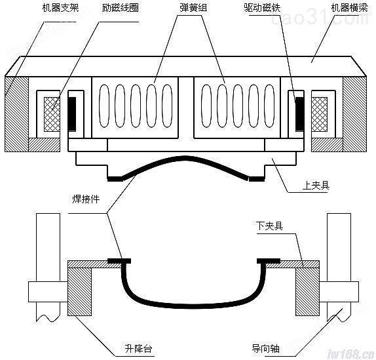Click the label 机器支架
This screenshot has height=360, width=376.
click(x=60, y=8)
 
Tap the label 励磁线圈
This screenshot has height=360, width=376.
click(x=120, y=8)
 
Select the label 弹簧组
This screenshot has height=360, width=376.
click(x=193, y=8)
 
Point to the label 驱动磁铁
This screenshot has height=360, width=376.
click(x=262, y=8)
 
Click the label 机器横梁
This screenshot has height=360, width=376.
click(x=349, y=8)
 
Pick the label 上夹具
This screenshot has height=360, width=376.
click(x=316, y=185)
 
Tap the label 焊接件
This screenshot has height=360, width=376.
click(x=86, y=199)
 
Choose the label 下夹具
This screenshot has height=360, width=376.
click(x=269, y=226)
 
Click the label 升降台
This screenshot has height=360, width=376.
click(x=138, y=348)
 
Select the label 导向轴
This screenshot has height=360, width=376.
click(x=265, y=348)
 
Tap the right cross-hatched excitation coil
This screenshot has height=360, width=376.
click(x=320, y=114)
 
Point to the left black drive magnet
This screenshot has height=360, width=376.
click(x=72, y=113)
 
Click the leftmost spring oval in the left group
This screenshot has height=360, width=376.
click(x=104, y=106)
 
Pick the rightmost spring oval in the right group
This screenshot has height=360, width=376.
click(x=269, y=106)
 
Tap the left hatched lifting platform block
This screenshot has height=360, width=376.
click(x=80, y=292)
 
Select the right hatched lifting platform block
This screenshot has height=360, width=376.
click(x=307, y=292)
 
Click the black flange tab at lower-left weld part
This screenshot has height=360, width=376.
click(x=119, y=261)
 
